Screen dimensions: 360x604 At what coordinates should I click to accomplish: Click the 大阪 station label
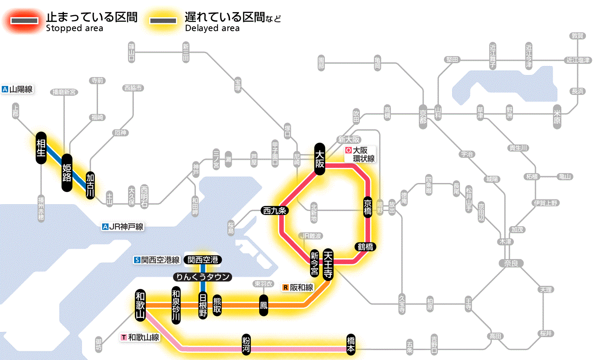pos(320,159)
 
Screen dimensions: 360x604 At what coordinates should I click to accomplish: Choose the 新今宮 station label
pos(315,264)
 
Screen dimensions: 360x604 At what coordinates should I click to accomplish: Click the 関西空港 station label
pos(203,260)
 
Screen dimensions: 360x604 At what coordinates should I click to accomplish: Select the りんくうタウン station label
pos(203,277)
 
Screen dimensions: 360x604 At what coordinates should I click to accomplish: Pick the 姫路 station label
pos(67,173)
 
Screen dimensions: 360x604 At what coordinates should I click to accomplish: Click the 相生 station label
pos(41,148)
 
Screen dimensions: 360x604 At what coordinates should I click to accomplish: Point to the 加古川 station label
pos(90,186)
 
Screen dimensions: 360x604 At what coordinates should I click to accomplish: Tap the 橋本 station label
pos(351,344)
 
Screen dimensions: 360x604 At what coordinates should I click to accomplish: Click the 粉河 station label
pos(246,344)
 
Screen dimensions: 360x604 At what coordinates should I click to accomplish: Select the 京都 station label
pos(423,115)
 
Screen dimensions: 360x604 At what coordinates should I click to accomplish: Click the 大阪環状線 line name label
pos(361,154)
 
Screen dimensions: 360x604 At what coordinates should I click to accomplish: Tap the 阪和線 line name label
pos(299,287)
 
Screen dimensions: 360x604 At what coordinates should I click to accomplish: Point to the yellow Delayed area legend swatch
pos(163,21)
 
